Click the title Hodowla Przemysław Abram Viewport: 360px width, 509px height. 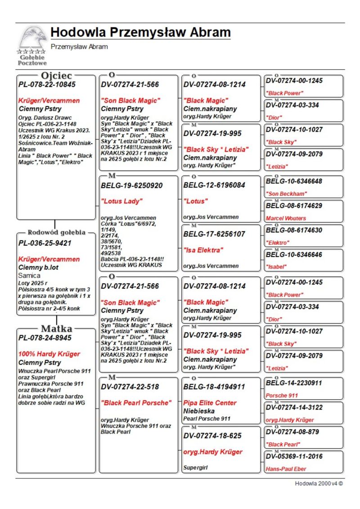140,33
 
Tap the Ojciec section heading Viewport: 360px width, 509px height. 56,75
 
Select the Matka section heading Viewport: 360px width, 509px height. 56,328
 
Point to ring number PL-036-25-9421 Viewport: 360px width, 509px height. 45,243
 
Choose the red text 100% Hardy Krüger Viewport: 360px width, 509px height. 49,354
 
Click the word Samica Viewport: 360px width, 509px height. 29,275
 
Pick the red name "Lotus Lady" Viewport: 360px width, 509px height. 121,201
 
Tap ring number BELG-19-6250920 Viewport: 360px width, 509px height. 132,185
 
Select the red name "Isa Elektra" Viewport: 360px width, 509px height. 202,250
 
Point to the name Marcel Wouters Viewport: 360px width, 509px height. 286,218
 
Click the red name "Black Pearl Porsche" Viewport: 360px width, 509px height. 136,403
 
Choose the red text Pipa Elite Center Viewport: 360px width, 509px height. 210,403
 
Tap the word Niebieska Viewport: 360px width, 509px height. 199,411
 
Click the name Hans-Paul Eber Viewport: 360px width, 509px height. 286,468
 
